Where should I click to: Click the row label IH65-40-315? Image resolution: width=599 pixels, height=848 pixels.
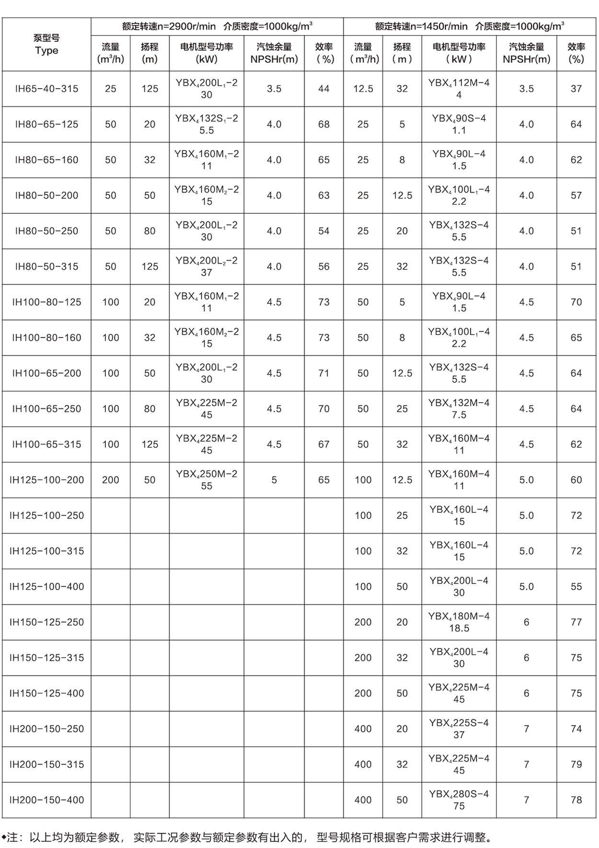(x=46, y=89)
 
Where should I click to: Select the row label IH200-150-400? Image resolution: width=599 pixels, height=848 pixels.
(x=46, y=800)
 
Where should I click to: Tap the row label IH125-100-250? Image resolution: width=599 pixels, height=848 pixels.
(x=46, y=515)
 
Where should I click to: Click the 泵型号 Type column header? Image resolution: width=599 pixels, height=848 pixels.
(x=46, y=44)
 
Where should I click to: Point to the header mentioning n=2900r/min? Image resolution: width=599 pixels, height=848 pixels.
(x=217, y=26)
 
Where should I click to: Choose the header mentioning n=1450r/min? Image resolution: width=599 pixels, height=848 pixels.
(x=470, y=26)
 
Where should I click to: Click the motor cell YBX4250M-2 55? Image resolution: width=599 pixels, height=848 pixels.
(x=207, y=480)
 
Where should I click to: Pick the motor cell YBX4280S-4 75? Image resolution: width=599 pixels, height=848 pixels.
(x=459, y=800)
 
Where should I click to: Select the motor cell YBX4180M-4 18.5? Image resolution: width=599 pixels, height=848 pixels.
(x=459, y=622)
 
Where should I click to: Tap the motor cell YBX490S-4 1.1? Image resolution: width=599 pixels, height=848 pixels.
(x=459, y=124)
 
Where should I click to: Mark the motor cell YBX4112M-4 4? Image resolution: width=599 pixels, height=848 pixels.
(x=459, y=89)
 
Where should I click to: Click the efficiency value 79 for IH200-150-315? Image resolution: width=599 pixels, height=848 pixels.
(x=576, y=764)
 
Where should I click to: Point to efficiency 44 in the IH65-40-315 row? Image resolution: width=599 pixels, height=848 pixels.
(x=324, y=89)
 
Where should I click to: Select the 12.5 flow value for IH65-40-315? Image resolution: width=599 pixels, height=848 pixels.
(x=363, y=89)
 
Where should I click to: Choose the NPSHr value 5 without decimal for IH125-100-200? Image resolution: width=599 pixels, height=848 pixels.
(x=274, y=480)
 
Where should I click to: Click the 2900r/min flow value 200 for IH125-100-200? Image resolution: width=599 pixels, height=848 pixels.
(x=111, y=480)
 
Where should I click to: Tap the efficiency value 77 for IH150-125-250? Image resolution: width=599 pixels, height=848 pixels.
(x=576, y=622)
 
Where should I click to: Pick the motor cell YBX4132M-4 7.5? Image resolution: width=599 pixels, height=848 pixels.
(x=459, y=408)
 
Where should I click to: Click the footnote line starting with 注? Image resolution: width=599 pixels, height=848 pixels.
(x=249, y=837)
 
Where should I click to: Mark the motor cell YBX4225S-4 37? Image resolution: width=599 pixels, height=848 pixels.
(x=459, y=729)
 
